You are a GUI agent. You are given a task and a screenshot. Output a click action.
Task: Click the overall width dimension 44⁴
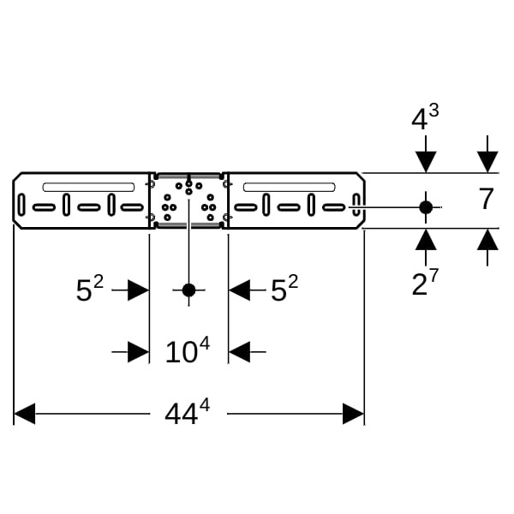[187, 413]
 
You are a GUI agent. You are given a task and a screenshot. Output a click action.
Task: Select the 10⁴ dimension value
[187, 350]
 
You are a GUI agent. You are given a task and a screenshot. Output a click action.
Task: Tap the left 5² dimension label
[89, 290]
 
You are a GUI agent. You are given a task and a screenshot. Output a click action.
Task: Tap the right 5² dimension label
[284, 290]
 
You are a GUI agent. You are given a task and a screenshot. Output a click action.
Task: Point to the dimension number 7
[486, 200]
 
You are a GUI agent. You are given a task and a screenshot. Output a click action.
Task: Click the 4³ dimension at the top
[425, 118]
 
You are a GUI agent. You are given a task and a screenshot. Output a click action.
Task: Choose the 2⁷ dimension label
[425, 283]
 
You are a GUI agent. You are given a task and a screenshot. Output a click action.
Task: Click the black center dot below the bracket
[188, 290]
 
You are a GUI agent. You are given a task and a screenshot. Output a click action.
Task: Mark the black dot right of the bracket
[425, 206]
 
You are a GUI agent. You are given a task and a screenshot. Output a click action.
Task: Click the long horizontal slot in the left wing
[88, 187]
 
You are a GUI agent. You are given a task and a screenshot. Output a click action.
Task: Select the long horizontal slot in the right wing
[288, 187]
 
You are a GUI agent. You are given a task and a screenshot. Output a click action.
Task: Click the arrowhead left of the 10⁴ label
[139, 351]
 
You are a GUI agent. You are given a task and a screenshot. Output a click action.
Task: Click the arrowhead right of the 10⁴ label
[239, 351]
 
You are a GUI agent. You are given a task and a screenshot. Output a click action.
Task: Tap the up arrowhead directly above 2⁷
[425, 240]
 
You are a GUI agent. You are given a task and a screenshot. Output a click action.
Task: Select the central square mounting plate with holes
[188, 200]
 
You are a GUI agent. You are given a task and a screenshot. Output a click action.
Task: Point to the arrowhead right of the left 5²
[139, 290]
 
